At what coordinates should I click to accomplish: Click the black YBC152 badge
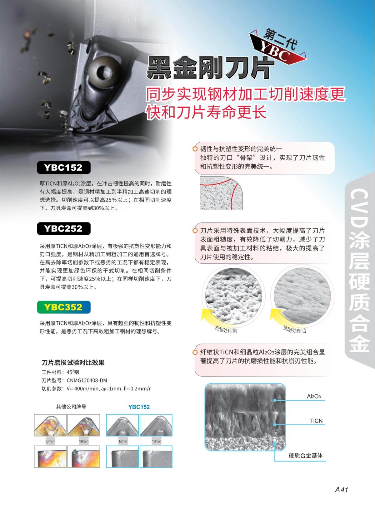pos(64,168)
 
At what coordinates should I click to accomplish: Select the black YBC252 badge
pos(64,229)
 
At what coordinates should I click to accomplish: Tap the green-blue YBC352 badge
pos(64,307)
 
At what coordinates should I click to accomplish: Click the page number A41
pos(341,490)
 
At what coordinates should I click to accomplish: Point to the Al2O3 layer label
pos(314,396)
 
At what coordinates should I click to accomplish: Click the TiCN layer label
pos(316,421)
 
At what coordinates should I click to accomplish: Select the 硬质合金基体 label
pos(306,456)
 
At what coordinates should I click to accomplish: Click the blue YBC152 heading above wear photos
pos(139,407)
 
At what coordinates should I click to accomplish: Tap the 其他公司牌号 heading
pos(71,407)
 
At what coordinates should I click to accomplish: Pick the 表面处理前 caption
pos(226,330)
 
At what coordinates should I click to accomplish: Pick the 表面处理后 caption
pos(294,330)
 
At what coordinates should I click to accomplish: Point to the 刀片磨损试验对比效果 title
pos(73,363)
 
